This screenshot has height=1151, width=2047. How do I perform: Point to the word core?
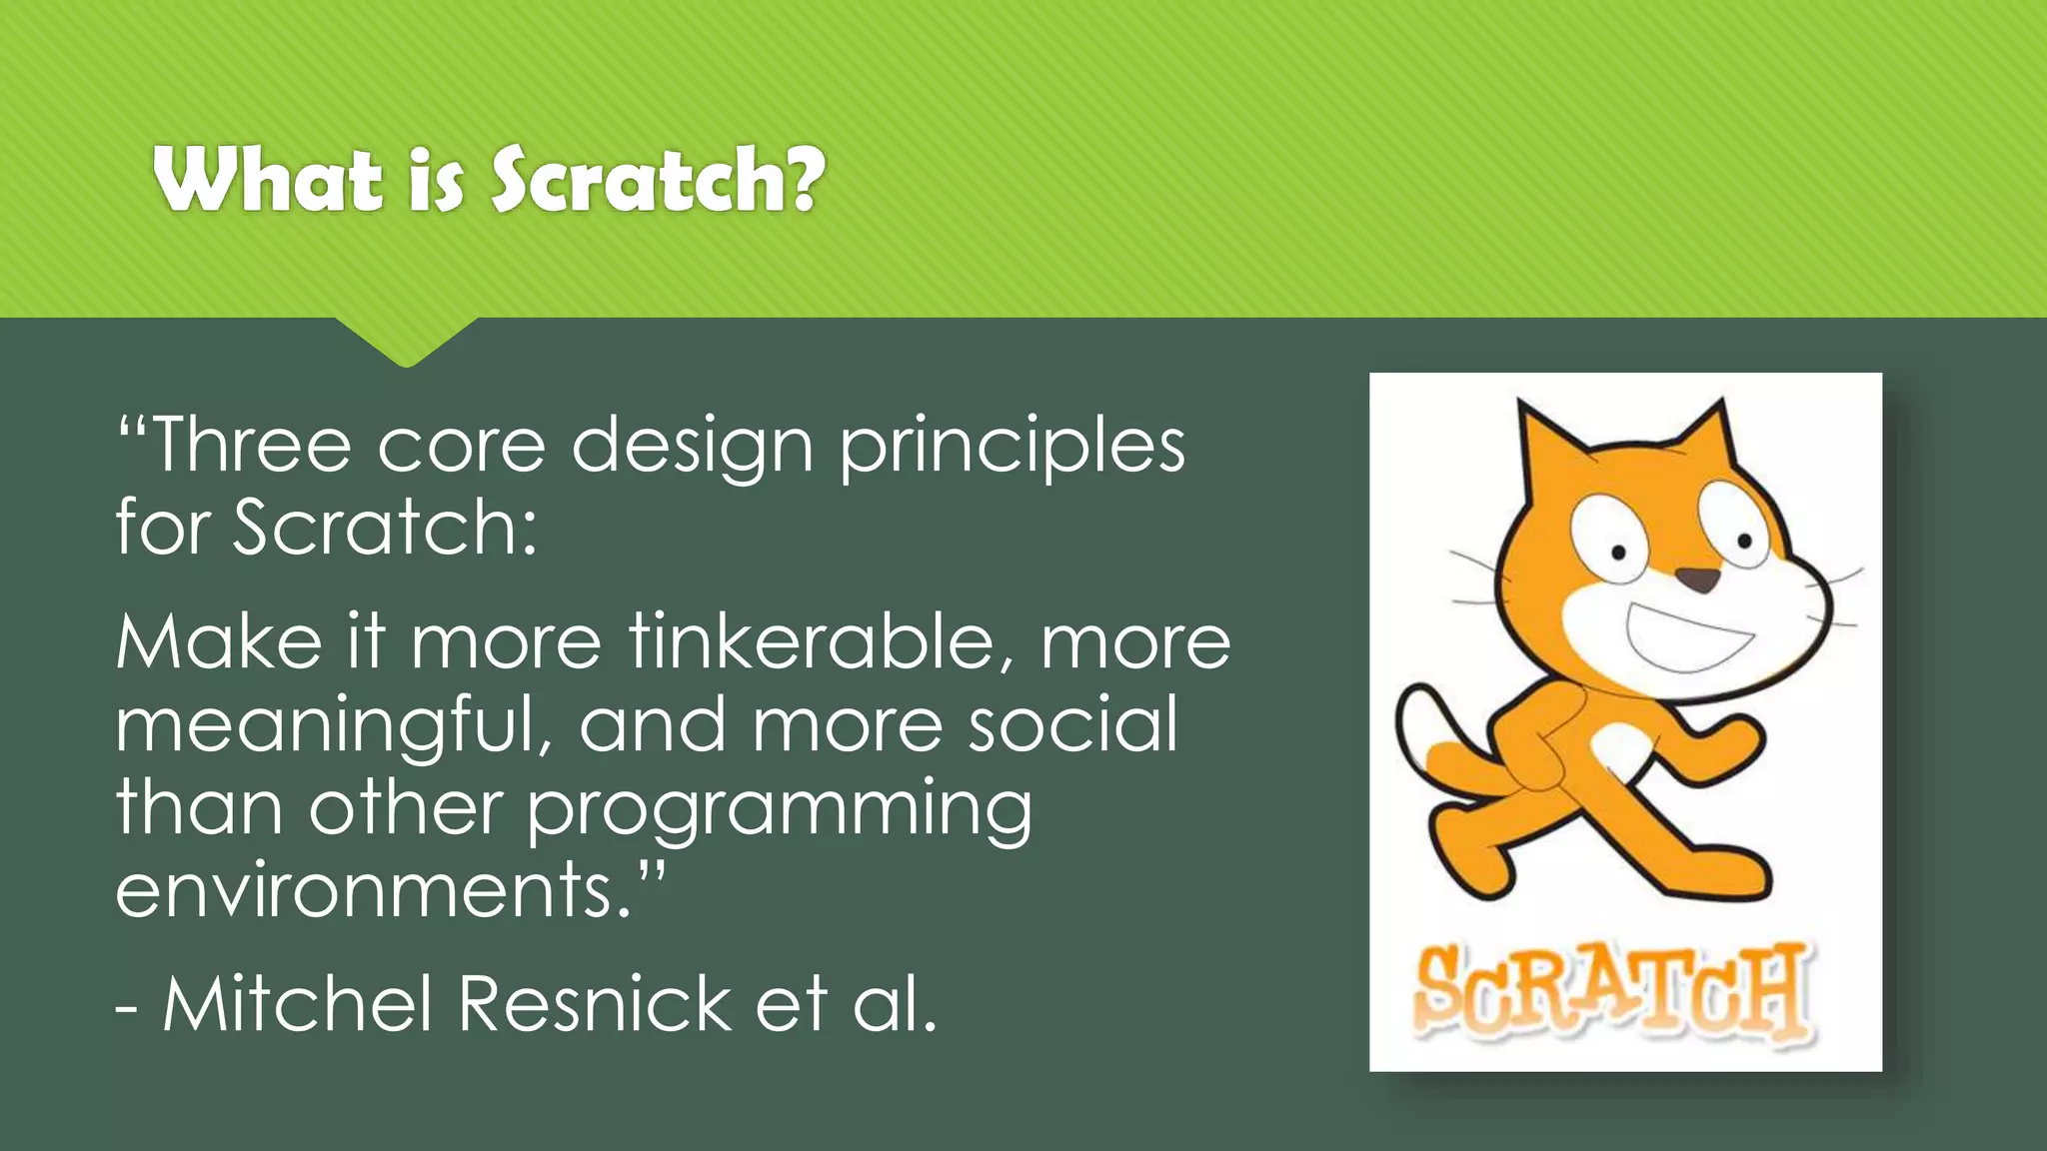[461, 447]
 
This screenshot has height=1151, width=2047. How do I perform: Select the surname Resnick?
[596, 1003]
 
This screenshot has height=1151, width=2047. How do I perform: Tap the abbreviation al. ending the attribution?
[895, 1003]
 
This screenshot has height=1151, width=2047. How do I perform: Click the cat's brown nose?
[1697, 578]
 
